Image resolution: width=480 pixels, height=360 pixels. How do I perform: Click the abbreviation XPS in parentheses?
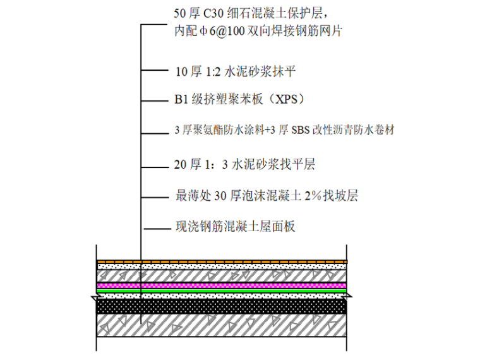click(x=291, y=100)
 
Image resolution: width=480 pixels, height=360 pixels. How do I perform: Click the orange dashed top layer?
click(x=221, y=261)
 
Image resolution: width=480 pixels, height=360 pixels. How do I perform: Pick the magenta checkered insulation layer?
click(x=221, y=286)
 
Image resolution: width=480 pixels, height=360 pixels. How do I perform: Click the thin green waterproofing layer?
click(x=221, y=291)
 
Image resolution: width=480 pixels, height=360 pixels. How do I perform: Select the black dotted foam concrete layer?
click(x=221, y=306)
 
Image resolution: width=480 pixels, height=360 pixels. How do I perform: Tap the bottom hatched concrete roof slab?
click(x=221, y=328)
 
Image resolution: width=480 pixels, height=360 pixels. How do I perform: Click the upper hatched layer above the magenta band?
click(x=221, y=276)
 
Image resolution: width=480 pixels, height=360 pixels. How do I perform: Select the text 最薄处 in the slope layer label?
click(x=188, y=196)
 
